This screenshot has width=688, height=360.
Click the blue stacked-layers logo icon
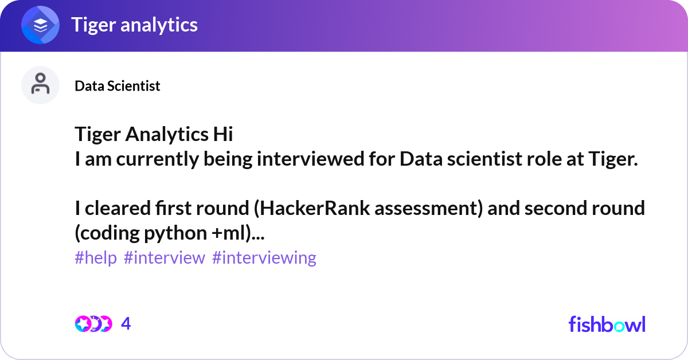[x=40, y=25]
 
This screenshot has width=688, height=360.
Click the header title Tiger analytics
[x=135, y=25]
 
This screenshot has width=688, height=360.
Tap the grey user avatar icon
[x=40, y=85]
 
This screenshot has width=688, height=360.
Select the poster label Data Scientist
[x=118, y=86]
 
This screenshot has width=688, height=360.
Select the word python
[x=175, y=233]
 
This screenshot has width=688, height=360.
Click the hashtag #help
[x=96, y=257]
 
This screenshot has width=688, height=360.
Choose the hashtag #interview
[x=165, y=257]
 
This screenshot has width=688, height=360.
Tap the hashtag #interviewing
[x=264, y=258]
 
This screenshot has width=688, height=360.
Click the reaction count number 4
[x=126, y=324]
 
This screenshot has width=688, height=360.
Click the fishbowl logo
[x=607, y=324]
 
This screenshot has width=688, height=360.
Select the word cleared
[x=118, y=208]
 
